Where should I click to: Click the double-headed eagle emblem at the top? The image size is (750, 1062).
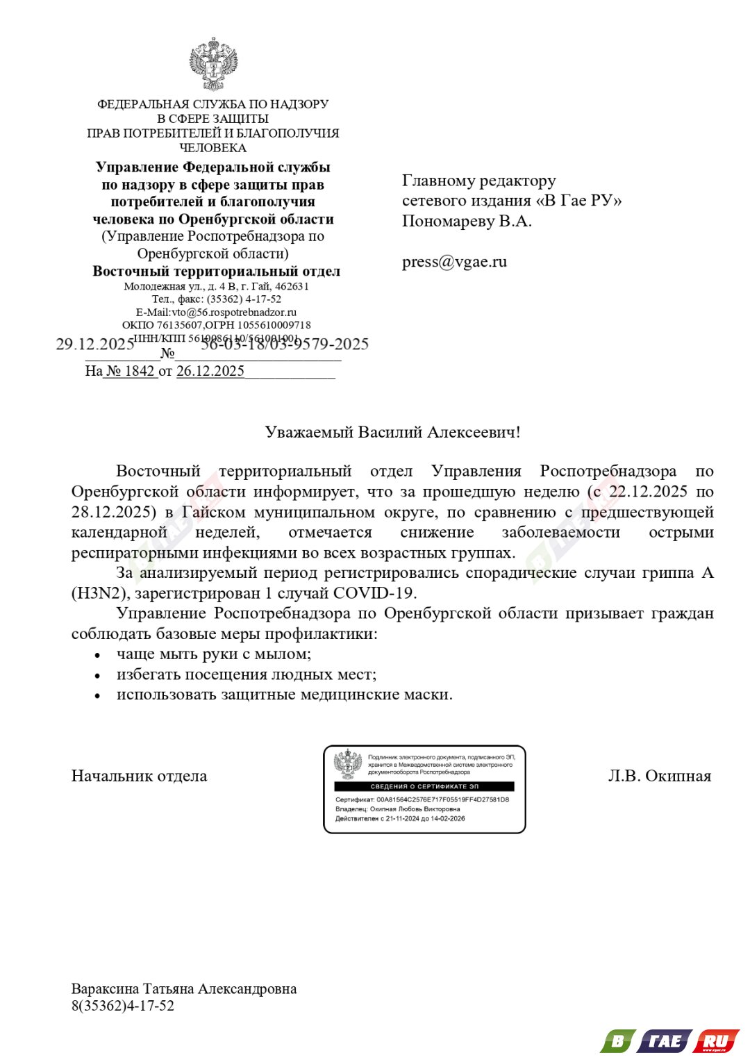[213, 65]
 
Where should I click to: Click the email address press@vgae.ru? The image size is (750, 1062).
[454, 262]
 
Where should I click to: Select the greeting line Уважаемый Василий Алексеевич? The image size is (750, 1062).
[392, 432]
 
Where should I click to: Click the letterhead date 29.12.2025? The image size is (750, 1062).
[94, 344]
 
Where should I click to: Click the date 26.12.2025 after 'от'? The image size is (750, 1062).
[210, 371]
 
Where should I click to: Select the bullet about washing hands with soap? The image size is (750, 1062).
[213, 654]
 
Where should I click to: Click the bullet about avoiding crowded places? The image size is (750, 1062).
[246, 674]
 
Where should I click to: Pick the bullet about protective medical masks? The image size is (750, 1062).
[284, 695]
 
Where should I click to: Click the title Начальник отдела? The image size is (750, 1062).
[139, 776]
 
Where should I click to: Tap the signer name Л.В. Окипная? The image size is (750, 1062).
[659, 776]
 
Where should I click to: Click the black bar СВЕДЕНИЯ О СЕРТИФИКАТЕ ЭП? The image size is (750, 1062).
[424, 786]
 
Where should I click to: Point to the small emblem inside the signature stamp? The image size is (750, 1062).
[348, 764]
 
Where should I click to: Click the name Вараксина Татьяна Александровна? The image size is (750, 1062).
[184, 988]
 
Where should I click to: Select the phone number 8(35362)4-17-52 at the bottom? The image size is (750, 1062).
[123, 1006]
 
